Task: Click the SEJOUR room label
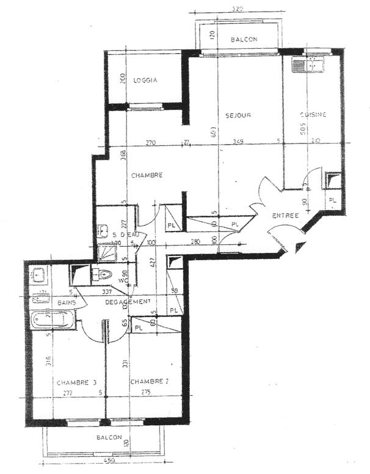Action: pyautogui.click(x=238, y=115)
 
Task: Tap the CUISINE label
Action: pyautogui.click(x=313, y=115)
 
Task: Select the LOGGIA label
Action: pyautogui.click(x=145, y=80)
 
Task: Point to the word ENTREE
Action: pyautogui.click(x=285, y=216)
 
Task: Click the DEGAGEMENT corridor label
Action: pyautogui.click(x=127, y=302)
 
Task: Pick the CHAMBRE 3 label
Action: pyautogui.click(x=77, y=383)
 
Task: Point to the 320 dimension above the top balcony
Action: pyautogui.click(x=238, y=9)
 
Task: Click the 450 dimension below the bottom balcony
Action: pyautogui.click(x=109, y=460)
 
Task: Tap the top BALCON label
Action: pyautogui.click(x=244, y=40)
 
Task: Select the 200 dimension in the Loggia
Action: pyautogui.click(x=122, y=78)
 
